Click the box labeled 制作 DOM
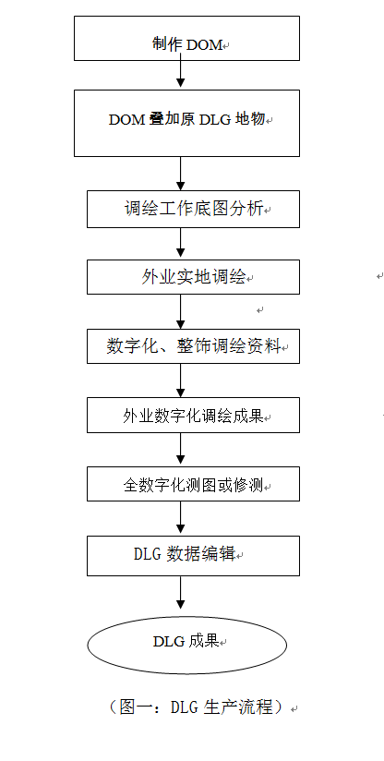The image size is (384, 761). (187, 37)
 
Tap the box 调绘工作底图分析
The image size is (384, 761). (193, 209)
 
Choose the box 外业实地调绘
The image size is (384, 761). (193, 277)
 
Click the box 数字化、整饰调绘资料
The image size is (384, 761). (193, 346)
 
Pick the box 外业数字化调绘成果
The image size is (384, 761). (193, 415)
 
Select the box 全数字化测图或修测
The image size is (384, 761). (193, 483)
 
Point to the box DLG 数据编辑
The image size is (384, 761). (193, 555)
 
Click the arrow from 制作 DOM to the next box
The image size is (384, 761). (181, 75)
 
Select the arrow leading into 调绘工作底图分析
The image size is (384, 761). (181, 174)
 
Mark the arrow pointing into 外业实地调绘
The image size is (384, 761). (181, 243)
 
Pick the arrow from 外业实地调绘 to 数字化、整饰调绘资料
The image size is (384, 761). (181, 312)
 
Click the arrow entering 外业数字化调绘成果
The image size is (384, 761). (181, 380)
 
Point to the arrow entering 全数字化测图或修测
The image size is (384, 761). (181, 450)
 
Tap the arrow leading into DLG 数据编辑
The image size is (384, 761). (181, 518)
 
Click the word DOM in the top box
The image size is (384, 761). (206, 44)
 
